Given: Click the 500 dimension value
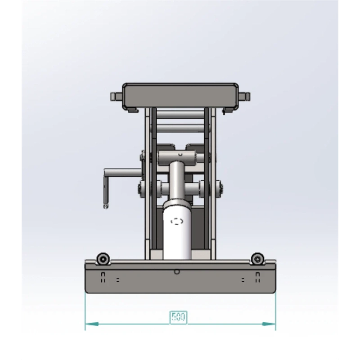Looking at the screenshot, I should [x=178, y=317].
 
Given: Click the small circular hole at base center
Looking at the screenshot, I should [x=177, y=272].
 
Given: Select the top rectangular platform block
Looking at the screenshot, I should [x=180, y=95].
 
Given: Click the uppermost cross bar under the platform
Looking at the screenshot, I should [x=180, y=114].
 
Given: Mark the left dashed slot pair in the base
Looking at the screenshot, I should [x=103, y=277].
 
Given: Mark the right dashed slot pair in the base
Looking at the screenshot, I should [x=257, y=277].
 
